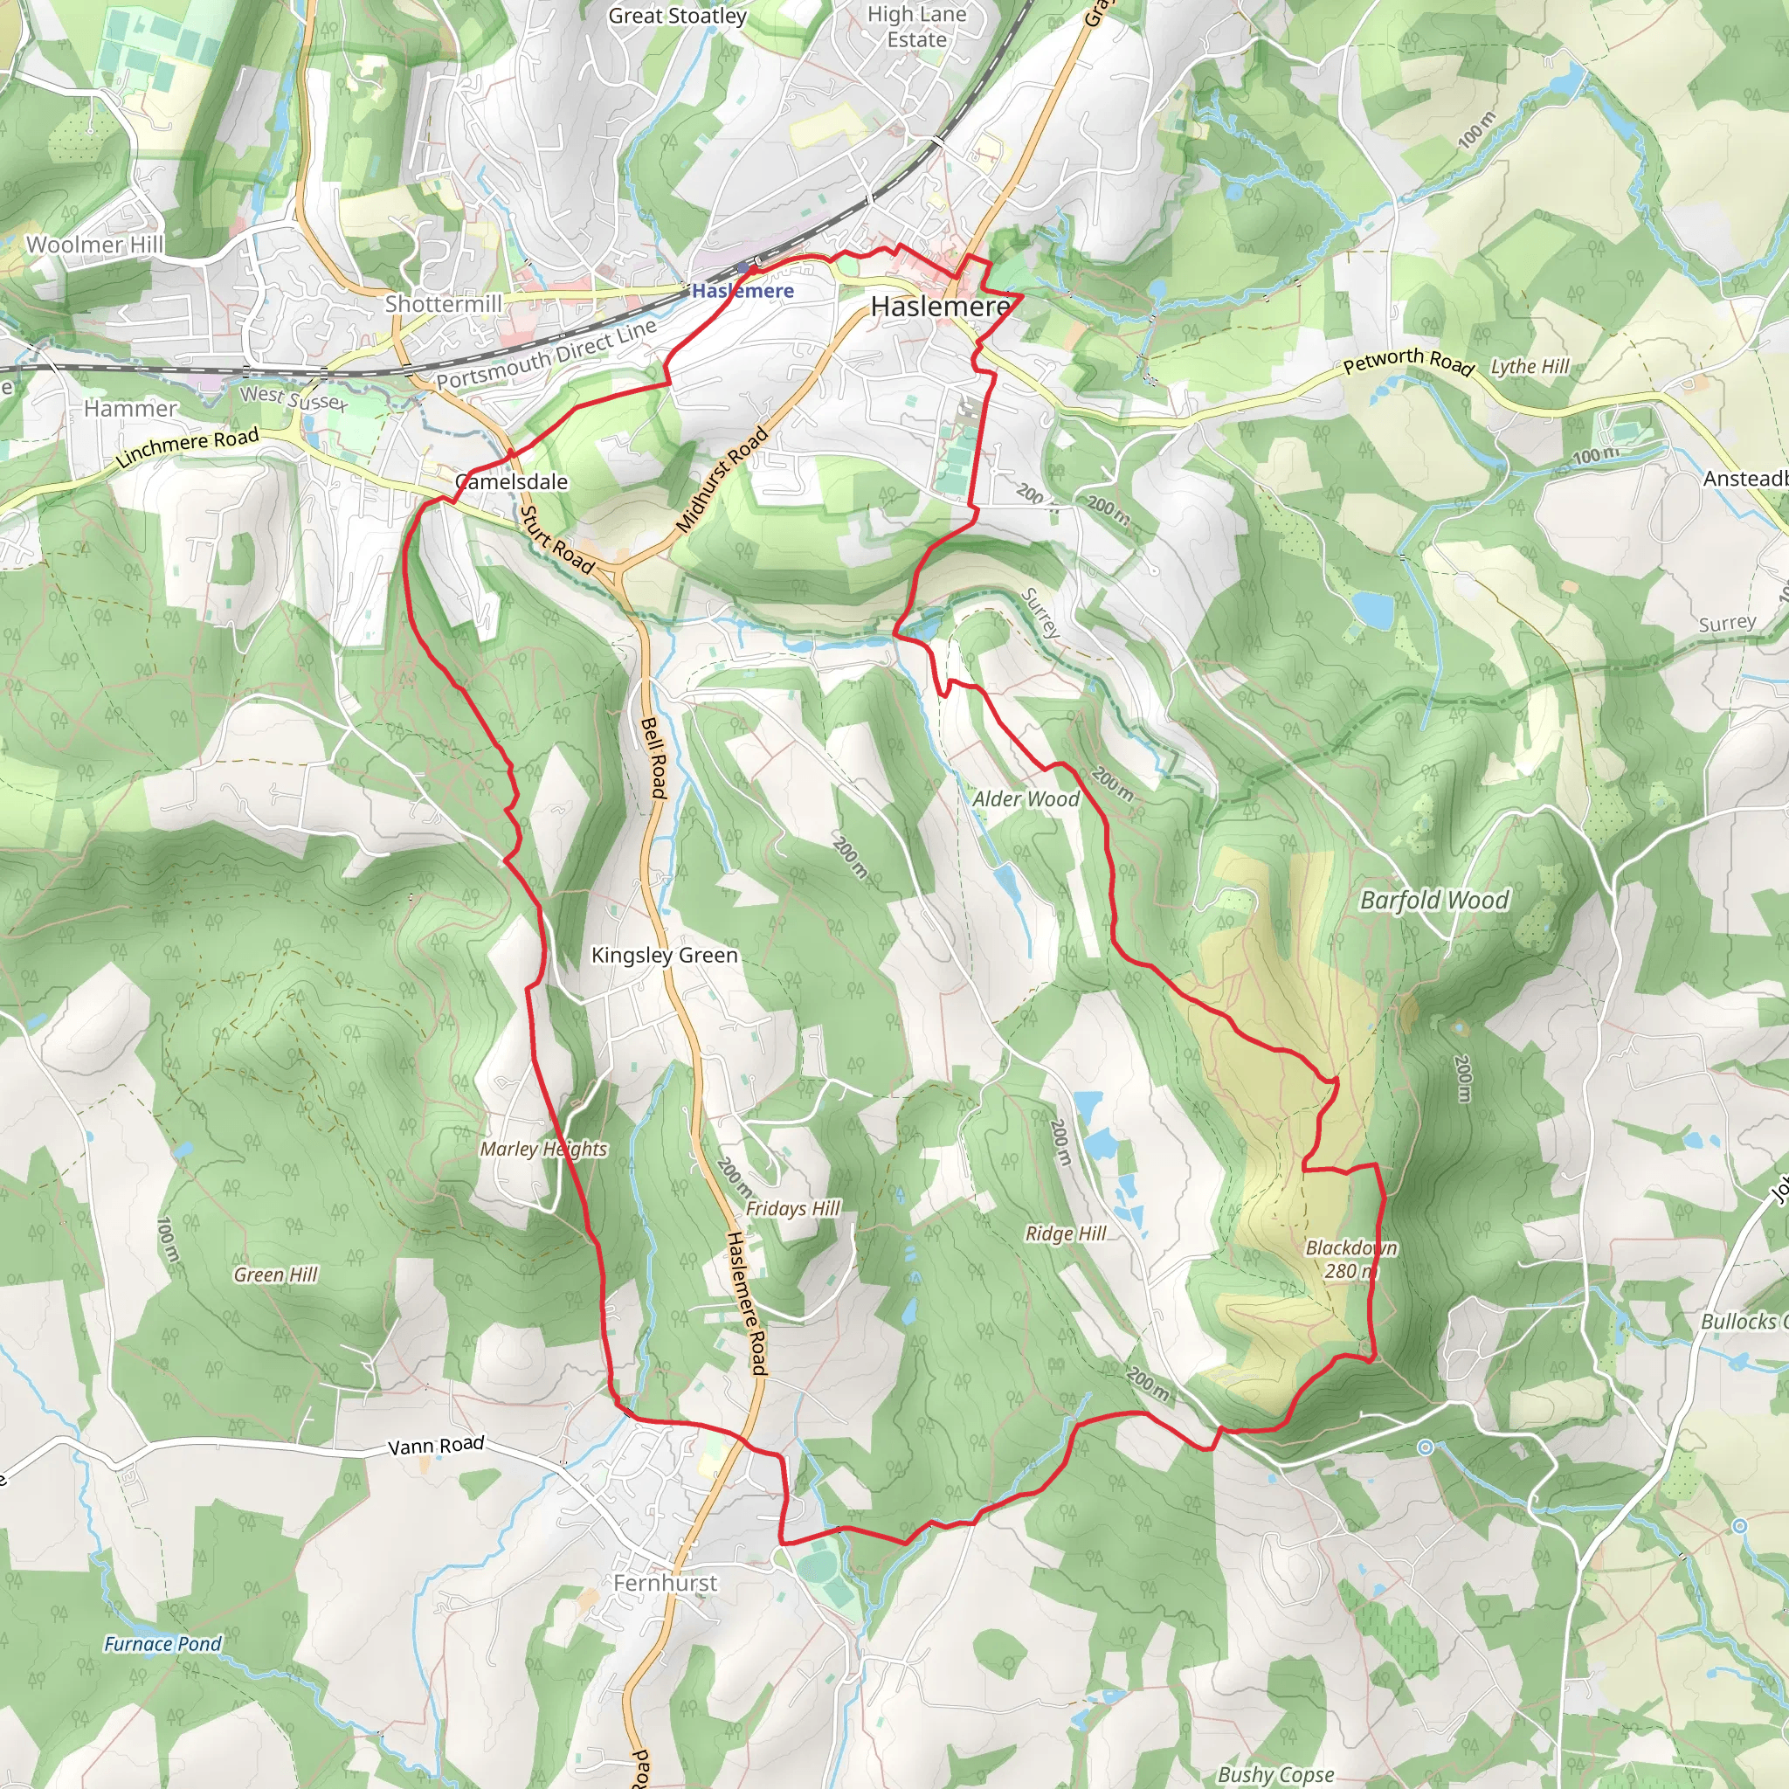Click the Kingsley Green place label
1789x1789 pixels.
click(664, 955)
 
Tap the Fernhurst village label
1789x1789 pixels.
click(665, 1583)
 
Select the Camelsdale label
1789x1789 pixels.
click(512, 481)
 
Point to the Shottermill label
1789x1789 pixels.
click(444, 304)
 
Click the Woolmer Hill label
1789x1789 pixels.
click(94, 245)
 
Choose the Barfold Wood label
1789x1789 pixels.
click(1434, 900)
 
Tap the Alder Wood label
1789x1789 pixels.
click(1026, 799)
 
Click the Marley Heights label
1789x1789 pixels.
click(543, 1150)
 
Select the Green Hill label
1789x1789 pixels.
click(275, 1275)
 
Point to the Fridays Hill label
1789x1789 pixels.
click(792, 1208)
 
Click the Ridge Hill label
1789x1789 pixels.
click(1066, 1233)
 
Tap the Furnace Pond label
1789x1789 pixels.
click(163, 1644)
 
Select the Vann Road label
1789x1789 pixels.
click(436, 1446)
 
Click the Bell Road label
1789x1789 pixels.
click(653, 757)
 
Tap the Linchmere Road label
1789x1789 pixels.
click(187, 447)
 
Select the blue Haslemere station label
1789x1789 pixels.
click(743, 291)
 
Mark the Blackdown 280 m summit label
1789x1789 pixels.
click(1351, 1260)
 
